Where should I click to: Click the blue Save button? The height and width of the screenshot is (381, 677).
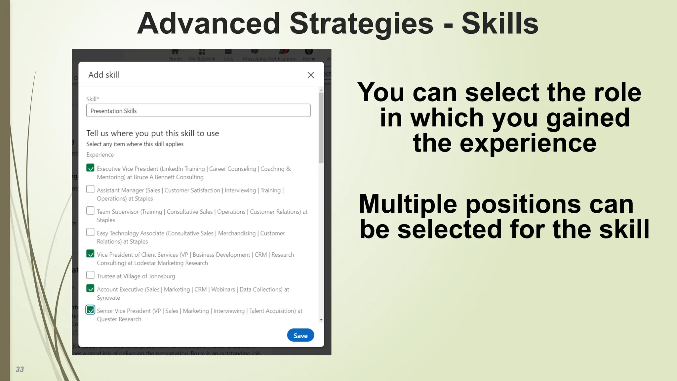pyautogui.click(x=300, y=335)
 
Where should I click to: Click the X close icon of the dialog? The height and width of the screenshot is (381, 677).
pyautogui.click(x=311, y=75)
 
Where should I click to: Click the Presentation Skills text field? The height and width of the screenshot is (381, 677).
pyautogui.click(x=198, y=111)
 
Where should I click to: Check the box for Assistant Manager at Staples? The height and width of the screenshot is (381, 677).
pyautogui.click(x=90, y=189)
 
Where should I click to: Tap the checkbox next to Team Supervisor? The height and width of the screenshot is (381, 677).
pyautogui.click(x=90, y=211)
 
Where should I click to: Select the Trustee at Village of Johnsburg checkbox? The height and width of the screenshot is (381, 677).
pyautogui.click(x=90, y=275)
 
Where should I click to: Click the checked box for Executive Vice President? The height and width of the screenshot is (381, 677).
pyautogui.click(x=90, y=168)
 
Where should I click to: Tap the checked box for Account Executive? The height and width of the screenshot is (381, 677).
pyautogui.click(x=90, y=288)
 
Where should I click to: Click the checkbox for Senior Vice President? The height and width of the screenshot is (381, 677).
pyautogui.click(x=90, y=310)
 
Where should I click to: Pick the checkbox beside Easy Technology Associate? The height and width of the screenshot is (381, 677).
pyautogui.click(x=90, y=232)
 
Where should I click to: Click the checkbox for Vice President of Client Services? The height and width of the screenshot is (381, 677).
pyautogui.click(x=90, y=254)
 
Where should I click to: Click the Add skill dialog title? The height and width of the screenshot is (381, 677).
pyautogui.click(x=103, y=75)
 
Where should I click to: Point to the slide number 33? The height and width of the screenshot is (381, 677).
pyautogui.click(x=20, y=369)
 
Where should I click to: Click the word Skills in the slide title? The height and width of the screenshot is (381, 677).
pyautogui.click(x=500, y=24)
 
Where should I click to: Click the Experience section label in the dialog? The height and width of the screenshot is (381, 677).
pyautogui.click(x=100, y=155)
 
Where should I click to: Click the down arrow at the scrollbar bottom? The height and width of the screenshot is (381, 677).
pyautogui.click(x=321, y=320)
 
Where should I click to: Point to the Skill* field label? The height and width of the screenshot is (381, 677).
pyautogui.click(x=93, y=99)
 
